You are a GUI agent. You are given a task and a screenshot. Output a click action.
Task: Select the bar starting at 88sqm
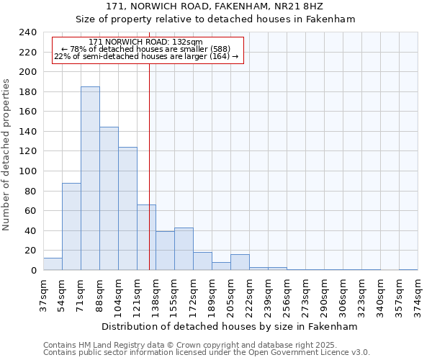(x=109, y=199)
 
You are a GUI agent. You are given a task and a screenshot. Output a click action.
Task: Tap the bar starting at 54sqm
(x=71, y=227)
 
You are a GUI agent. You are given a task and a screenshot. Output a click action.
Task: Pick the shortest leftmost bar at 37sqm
(x=53, y=264)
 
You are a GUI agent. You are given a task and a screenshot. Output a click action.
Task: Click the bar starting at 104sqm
(x=127, y=209)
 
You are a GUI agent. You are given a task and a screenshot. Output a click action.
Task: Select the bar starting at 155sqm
(x=184, y=249)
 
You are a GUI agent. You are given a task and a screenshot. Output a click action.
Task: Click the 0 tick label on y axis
(x=33, y=271)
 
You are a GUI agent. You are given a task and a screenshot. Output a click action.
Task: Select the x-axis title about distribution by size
(x=230, y=326)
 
